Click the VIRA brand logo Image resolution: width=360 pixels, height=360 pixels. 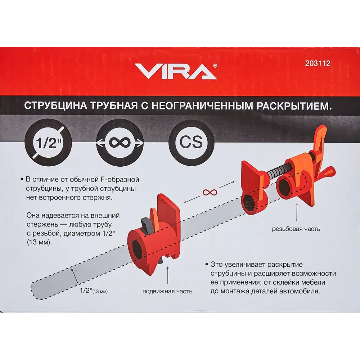pos(176,71)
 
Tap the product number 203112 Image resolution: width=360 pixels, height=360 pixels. pos(317,63)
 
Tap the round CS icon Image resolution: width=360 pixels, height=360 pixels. pos(192,142)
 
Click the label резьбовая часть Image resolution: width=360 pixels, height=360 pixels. pos(296,229)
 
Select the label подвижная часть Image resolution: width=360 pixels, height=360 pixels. pos(167,291)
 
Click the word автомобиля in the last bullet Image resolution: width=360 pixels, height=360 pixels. pos(301,291)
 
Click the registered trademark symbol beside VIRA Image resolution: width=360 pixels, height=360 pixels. pos(215,66)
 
